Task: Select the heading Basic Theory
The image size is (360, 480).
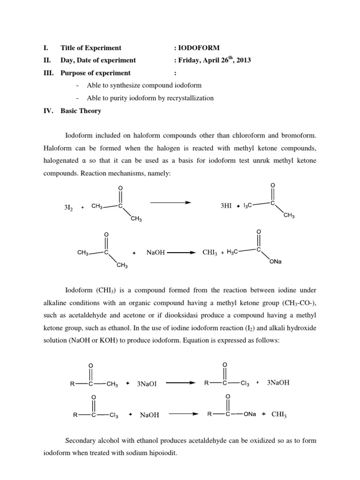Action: point(81,111)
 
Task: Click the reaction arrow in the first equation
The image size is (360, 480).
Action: point(170,202)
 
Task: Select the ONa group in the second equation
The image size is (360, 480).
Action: point(276,262)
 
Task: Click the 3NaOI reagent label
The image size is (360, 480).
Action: point(147,383)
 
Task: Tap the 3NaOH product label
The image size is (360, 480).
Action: point(278,382)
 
